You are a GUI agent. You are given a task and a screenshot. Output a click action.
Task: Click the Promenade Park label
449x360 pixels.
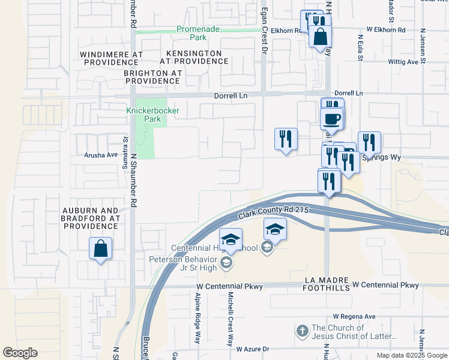coord(197,33)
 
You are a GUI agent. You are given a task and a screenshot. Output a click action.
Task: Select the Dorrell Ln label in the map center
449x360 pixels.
coord(231,96)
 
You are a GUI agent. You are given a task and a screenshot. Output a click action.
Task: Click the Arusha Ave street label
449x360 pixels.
coord(100,155)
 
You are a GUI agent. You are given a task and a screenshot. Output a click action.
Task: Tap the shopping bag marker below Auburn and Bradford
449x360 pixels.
coord(101,248)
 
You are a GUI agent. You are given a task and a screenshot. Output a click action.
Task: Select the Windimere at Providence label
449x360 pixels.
coord(111,58)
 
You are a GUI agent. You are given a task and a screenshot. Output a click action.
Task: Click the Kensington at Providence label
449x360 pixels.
coord(191,58)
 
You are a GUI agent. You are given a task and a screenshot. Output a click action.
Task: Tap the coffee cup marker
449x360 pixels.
coord(332,118)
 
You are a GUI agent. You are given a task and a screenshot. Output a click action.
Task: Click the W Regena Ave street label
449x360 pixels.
coord(354,316)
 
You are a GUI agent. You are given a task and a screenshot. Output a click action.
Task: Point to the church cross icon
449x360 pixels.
coord(303,331)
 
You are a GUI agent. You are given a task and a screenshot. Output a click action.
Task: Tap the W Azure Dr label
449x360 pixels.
coord(253,349)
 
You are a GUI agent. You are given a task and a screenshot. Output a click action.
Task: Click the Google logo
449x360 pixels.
coord(20,353)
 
